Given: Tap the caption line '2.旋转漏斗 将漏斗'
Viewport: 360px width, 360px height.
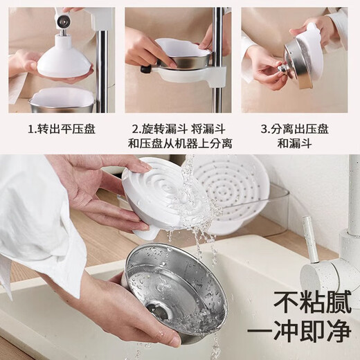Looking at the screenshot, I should (179, 129).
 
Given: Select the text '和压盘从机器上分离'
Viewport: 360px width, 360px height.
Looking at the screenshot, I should (179, 144).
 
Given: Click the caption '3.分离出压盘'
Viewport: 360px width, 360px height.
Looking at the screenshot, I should (294, 129).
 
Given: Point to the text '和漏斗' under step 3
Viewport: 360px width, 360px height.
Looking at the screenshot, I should (294, 144).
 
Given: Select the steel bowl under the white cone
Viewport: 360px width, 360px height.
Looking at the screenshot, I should (61, 99).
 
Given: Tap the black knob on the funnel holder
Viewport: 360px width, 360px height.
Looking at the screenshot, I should (146, 69).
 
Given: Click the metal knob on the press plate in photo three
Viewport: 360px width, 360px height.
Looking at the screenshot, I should (284, 69).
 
